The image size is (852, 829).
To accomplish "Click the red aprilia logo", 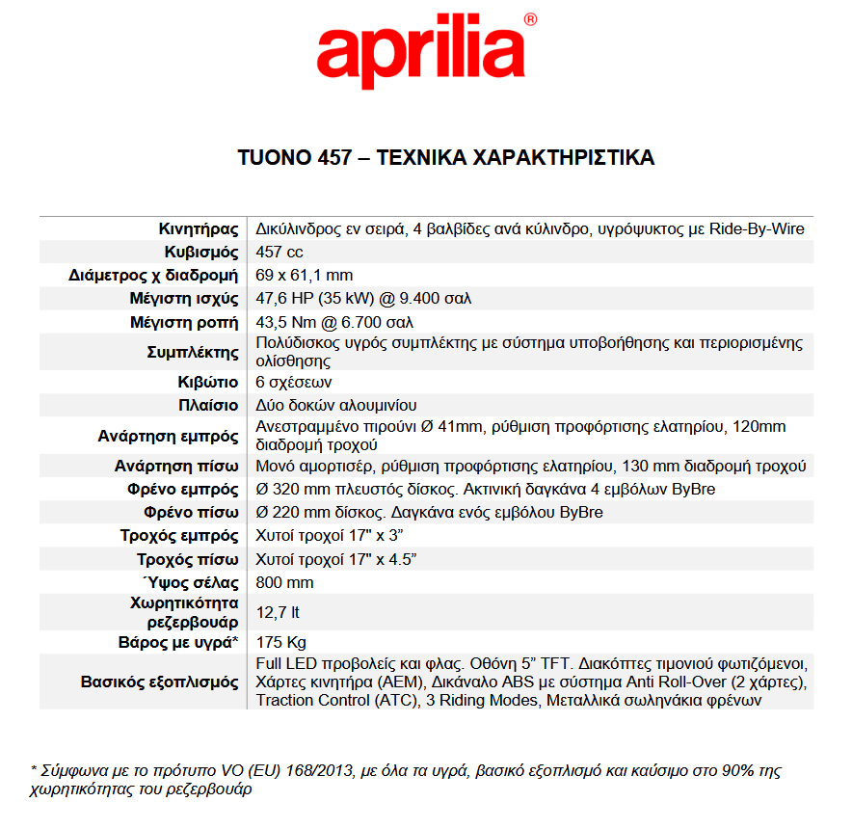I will pos(420,51).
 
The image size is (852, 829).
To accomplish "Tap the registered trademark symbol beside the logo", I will pos(530,19).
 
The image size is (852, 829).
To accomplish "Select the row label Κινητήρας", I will pos(199,229).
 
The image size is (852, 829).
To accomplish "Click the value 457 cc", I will pos(280,253).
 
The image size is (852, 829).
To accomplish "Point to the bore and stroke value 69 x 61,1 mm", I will pos(305,276).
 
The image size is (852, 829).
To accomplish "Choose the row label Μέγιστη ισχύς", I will pos(184,299).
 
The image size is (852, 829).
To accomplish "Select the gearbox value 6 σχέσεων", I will pos(294,382).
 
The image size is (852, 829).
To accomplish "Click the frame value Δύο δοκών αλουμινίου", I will pos(335,405).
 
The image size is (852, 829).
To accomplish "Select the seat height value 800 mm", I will pos(284,583).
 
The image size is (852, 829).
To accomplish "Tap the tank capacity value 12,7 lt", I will pos(278,612).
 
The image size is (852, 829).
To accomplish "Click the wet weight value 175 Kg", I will pos(281,642).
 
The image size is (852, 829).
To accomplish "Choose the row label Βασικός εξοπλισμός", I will pos(159,682).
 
